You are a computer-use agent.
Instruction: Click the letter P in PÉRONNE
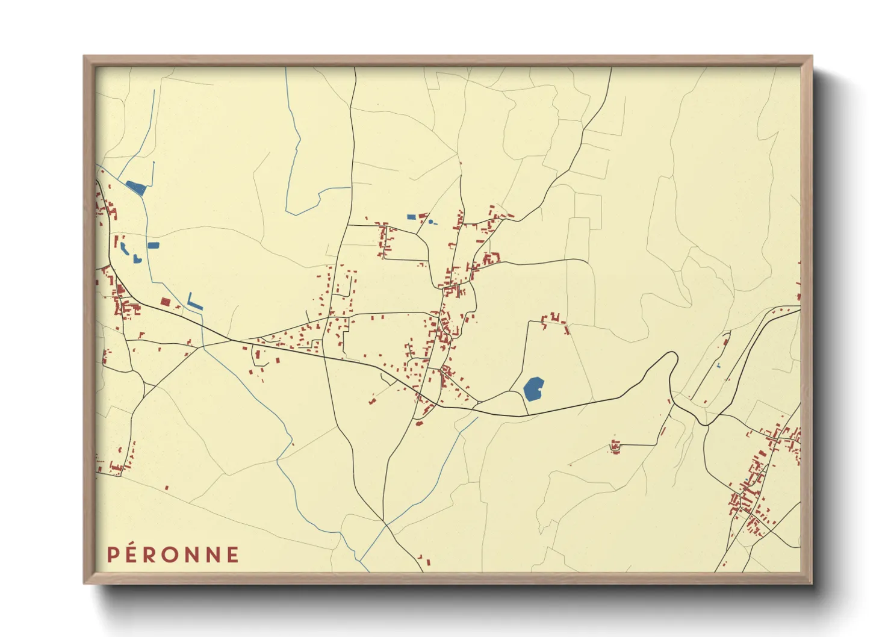pos(113,555)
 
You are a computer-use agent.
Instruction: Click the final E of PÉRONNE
pos(232,555)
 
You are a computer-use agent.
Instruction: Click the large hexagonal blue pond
pos(533,389)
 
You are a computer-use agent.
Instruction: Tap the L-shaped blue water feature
pos(194,302)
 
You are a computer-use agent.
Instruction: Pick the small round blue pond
pos(430,222)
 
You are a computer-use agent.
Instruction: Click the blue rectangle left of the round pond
pos(411,217)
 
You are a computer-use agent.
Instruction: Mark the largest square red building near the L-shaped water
pos(165,302)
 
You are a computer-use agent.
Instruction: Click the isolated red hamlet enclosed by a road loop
pos(615,447)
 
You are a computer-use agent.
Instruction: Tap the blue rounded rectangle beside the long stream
pos(154,246)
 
